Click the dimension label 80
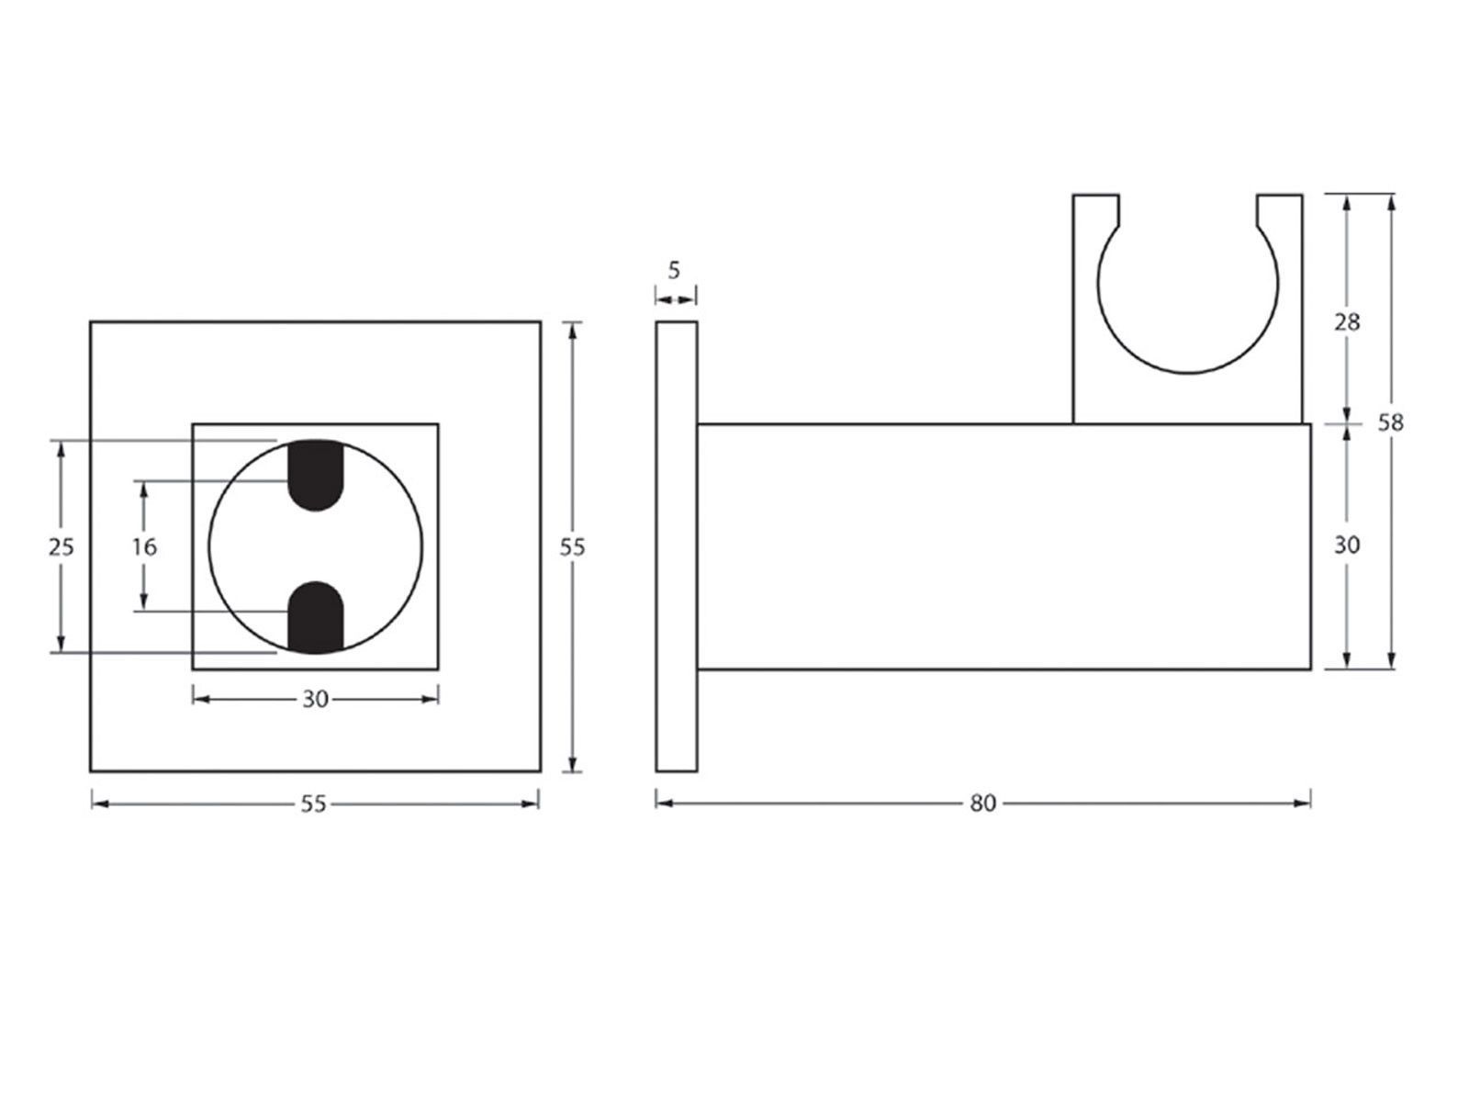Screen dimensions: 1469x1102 click(x=982, y=803)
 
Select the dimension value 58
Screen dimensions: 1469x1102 click(x=1390, y=422)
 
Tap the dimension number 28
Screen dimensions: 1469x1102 click(x=1347, y=322)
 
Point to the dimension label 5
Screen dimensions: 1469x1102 click(x=674, y=270)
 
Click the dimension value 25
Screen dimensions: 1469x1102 click(x=61, y=547)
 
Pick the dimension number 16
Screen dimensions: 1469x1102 click(x=144, y=547)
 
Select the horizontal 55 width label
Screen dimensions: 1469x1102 click(x=313, y=804)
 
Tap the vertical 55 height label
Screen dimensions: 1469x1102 click(x=572, y=547)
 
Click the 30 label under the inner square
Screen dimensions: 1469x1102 click(x=315, y=699)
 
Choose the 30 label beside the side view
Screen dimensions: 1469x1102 click(x=1347, y=545)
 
